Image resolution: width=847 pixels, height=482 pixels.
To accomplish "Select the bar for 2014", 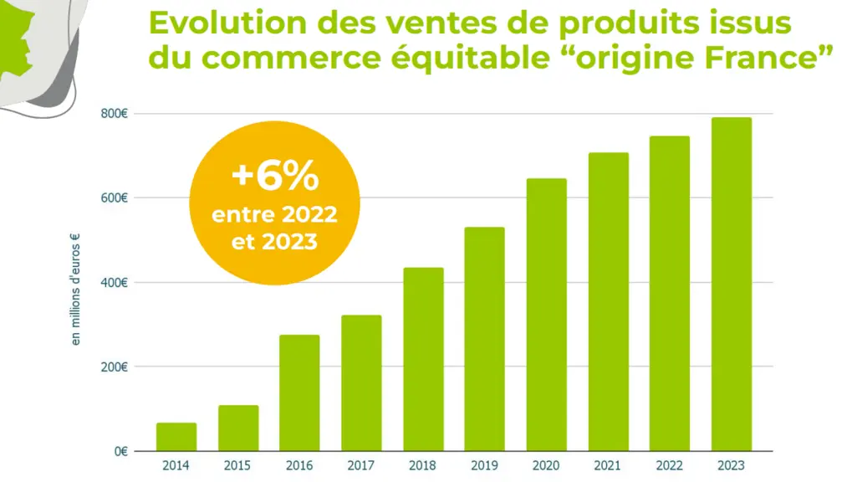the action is [x=176, y=437].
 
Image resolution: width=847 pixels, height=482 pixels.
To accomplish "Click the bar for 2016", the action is [x=299, y=392].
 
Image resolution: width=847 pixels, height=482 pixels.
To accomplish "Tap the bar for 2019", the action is [x=485, y=339].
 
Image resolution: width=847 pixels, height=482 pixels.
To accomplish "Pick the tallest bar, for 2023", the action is [x=732, y=284].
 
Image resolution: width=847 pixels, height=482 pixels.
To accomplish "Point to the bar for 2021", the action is [x=608, y=301].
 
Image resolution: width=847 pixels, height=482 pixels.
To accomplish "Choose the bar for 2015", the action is [x=238, y=428].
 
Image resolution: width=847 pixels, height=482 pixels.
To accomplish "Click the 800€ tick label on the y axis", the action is [x=114, y=114].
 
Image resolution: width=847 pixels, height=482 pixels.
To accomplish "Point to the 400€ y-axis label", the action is [x=114, y=283].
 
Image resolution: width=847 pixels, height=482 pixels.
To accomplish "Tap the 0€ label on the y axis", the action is [x=121, y=451].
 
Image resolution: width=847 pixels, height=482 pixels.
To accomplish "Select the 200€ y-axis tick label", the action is [x=114, y=367].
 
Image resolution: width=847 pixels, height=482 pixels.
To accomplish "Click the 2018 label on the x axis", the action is [x=422, y=465].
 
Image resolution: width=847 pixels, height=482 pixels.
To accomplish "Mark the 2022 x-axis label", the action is [x=669, y=465].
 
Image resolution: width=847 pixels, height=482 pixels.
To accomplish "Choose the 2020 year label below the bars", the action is [x=546, y=465].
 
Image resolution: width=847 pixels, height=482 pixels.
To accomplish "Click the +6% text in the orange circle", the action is [x=275, y=176].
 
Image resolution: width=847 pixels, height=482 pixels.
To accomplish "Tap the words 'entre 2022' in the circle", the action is [x=274, y=214].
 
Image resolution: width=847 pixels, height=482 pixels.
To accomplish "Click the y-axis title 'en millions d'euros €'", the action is [x=75, y=289].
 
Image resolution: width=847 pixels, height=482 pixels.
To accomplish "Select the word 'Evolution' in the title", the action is [x=227, y=23].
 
